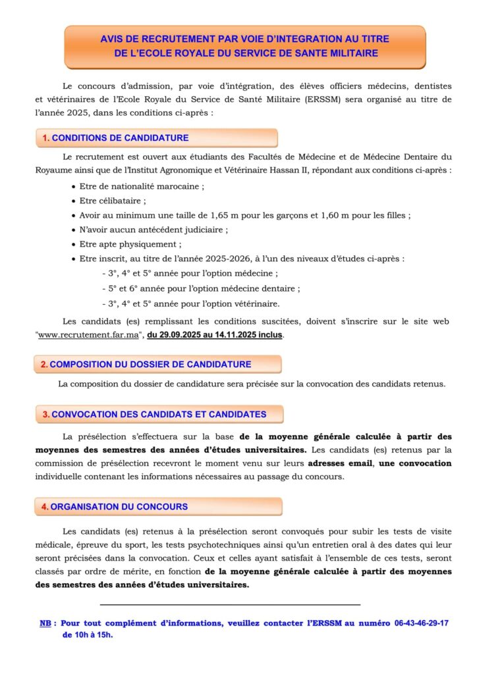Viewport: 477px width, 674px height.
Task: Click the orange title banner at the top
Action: click(245, 47)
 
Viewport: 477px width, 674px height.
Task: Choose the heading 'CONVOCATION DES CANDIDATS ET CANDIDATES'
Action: click(158, 415)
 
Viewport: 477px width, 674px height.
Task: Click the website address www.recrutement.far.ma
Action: click(91, 334)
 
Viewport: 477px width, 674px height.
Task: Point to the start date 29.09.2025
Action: click(177, 334)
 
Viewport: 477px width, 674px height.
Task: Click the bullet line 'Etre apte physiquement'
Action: click(126, 244)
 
